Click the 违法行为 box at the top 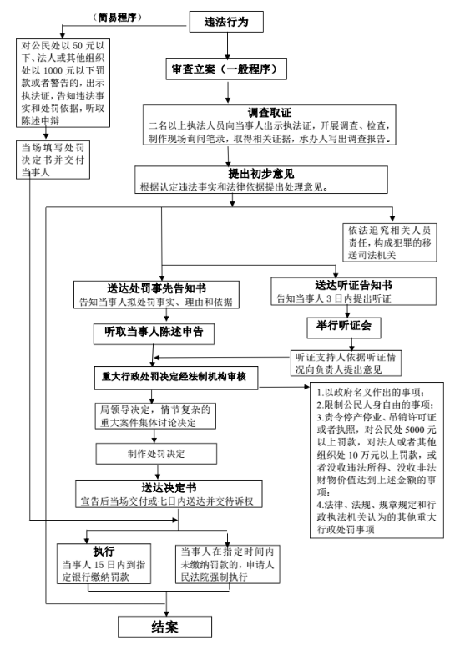[x=226, y=22]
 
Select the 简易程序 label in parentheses [x=117, y=18]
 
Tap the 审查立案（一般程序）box [x=226, y=69]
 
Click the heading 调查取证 [x=270, y=113]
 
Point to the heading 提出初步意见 [x=261, y=174]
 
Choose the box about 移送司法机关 [x=390, y=242]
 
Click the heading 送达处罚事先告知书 [x=156, y=288]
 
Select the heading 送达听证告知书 [x=353, y=285]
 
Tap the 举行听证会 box [x=344, y=328]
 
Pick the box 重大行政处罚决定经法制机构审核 [x=176, y=378]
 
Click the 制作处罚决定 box [x=156, y=454]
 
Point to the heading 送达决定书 [x=169, y=488]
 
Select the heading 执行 [x=104, y=552]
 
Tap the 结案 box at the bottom [x=165, y=627]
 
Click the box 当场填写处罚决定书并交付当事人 [x=53, y=160]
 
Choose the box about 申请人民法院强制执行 [x=227, y=564]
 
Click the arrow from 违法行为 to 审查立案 [x=227, y=46]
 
